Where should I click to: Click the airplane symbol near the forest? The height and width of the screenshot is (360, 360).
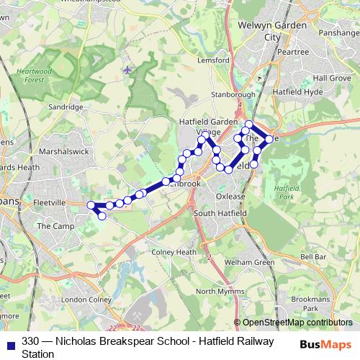pos(128,70)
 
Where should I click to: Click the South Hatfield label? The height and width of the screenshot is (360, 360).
pos(220,213)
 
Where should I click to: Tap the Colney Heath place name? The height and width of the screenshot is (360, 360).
pos(174,253)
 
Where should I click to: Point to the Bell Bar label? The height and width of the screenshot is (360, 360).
pos(314,256)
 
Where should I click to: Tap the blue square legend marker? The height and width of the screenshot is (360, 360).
pos(11,344)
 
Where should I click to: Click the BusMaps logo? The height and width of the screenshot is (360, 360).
pos(325,344)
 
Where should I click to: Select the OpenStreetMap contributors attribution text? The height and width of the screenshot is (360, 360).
pos(297,323)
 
